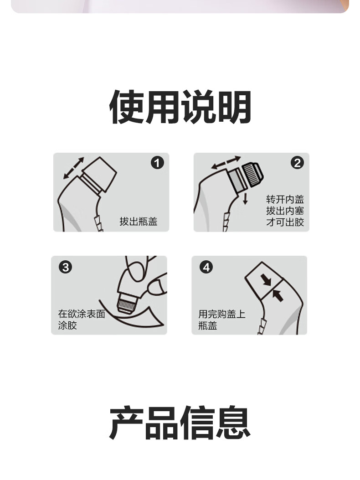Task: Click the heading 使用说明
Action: tap(180, 107)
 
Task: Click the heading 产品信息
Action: tap(180, 423)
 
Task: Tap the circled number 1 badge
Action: tap(157, 163)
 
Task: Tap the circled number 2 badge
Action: tap(297, 163)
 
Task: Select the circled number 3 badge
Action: tap(66, 267)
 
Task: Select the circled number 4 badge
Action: tap(206, 267)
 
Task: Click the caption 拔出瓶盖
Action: tap(139, 221)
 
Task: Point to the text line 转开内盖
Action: tap(285, 199)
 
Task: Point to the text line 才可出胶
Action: tap(285, 222)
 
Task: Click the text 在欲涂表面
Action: tap(82, 314)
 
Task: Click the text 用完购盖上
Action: tap(222, 314)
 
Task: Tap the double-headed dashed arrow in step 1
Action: tap(73, 168)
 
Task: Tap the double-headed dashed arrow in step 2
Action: tap(226, 162)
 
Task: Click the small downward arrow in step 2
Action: tap(245, 199)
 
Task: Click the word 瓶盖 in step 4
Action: tap(208, 325)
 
